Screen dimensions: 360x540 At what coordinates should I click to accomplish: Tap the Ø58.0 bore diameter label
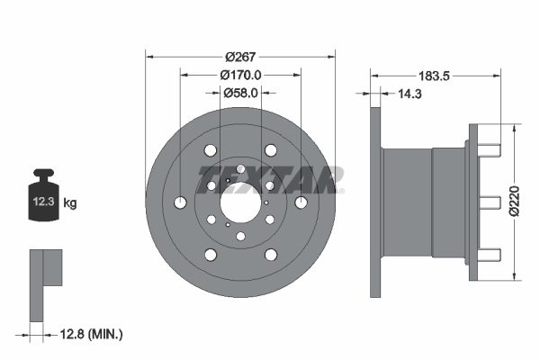pos(240,92)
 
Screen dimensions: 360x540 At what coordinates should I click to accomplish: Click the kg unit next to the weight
pos(70,204)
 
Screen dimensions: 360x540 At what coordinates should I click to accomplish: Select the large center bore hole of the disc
pos(240,201)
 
